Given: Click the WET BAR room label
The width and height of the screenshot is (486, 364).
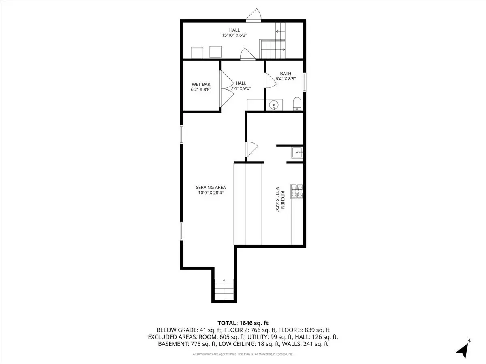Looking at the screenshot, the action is pos(201,84).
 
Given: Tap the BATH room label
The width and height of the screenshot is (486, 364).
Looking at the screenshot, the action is pos(286,74).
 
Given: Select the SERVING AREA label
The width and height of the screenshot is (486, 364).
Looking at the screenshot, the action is pos(211,187).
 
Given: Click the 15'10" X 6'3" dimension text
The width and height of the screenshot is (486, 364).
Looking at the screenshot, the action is pos(234,35).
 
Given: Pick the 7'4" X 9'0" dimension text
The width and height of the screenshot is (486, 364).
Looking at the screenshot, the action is pos(241,89).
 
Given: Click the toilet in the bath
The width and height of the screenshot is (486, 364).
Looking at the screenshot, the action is pos(297,104).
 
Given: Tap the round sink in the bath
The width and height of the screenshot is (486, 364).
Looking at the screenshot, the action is pos(274,104).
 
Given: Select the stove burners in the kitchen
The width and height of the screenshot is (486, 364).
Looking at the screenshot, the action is pos(297,191).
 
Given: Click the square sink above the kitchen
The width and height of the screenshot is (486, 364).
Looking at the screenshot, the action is pos(297,152).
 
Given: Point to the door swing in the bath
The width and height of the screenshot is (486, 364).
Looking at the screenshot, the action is pos(271,80).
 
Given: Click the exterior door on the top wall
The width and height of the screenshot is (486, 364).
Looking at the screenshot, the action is pos(254,15).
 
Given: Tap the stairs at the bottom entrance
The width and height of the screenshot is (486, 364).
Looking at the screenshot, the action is pos(224,289).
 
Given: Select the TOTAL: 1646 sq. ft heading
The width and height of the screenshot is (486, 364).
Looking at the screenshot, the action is pos(243,323).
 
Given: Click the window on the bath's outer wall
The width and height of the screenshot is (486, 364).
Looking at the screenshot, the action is pos(305,82).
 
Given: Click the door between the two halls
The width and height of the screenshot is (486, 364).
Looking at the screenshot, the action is pos(248,54).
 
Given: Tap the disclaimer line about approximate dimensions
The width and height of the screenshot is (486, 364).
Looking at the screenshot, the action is pos(243,354).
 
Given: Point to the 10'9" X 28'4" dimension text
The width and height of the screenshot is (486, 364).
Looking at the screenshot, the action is pos(211,193).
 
